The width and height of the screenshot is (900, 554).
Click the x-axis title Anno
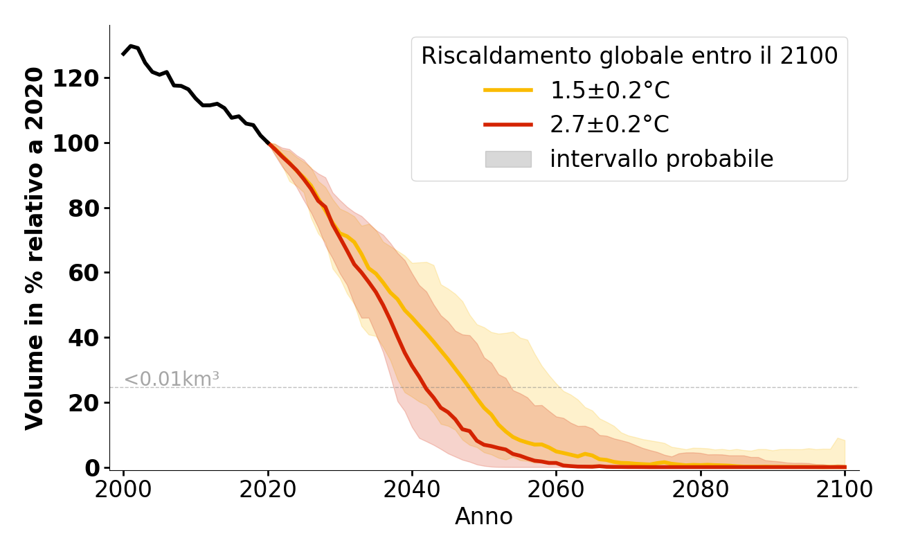point(484,517)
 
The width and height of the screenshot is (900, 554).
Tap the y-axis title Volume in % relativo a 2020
point(35,248)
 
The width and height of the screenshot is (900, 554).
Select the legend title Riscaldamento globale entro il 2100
point(629,56)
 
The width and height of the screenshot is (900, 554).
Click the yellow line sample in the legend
point(508,90)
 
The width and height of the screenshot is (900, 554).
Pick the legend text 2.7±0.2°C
point(609,125)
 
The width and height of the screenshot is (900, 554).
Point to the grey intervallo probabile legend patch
point(508,159)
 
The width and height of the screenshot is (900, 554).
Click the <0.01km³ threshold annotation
point(171,379)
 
